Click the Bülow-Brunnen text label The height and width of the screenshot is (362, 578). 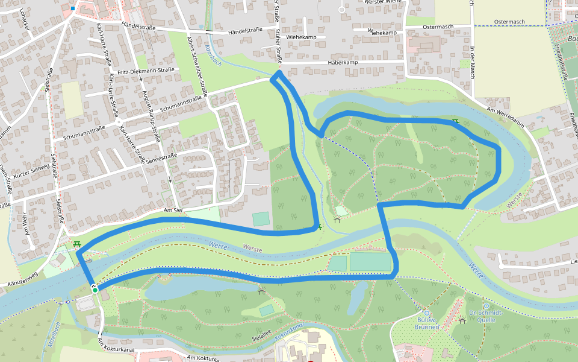point(427,323)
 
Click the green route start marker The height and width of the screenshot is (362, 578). point(95,290)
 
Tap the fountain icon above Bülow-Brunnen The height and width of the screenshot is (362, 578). point(427,313)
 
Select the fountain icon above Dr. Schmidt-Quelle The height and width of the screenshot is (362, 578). point(486,306)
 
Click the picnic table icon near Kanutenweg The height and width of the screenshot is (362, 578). point(76,244)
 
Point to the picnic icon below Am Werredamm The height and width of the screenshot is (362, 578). point(456,122)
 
